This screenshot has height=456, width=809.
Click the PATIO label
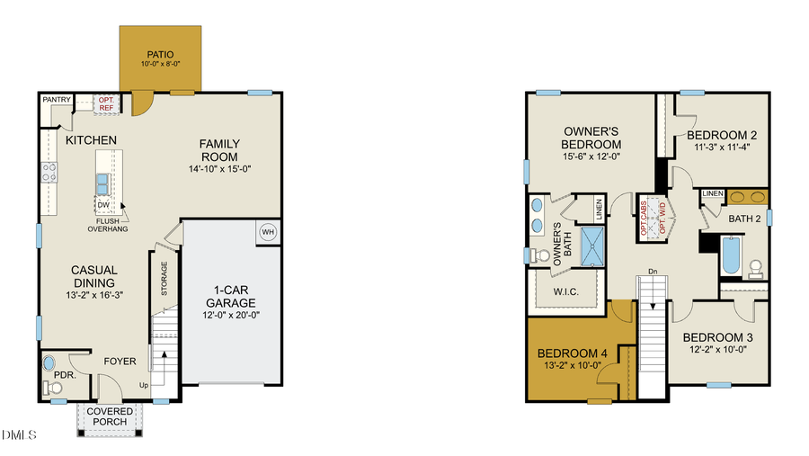[x=161, y=55]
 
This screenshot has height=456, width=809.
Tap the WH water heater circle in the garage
[x=268, y=232]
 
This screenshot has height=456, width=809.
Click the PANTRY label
[x=58, y=101]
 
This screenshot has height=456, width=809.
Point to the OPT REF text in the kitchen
[x=106, y=104]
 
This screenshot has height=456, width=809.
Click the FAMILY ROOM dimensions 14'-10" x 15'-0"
[x=219, y=169]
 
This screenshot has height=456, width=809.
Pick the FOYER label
[x=120, y=362]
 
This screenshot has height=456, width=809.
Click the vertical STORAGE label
[x=164, y=279]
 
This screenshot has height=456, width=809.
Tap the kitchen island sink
[x=103, y=183]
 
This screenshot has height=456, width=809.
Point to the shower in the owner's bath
[x=594, y=248]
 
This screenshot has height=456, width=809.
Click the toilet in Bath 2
[x=756, y=267]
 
